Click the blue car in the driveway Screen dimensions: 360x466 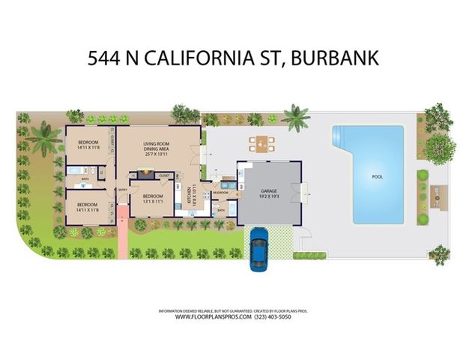point(259,248)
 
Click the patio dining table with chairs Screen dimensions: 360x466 point(261,142)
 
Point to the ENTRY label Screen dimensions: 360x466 point(122,190)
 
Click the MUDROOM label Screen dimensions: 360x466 point(220,193)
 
